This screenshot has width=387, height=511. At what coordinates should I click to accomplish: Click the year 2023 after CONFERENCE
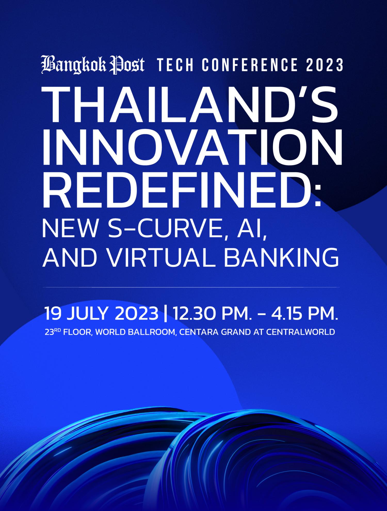[x=325, y=65]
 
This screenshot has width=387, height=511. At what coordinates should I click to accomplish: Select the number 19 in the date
[x=53, y=313]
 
